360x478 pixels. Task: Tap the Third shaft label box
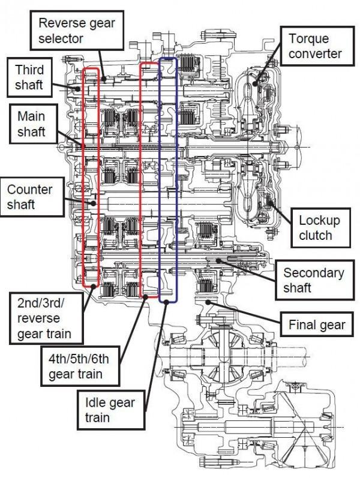pos(29,76)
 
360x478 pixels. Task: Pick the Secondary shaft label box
pos(314,281)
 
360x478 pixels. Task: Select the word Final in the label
pos(301,324)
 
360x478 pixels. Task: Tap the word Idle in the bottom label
pos(92,402)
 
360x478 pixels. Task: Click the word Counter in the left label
pos(30,189)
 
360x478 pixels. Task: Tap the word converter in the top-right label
pos(315,53)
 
